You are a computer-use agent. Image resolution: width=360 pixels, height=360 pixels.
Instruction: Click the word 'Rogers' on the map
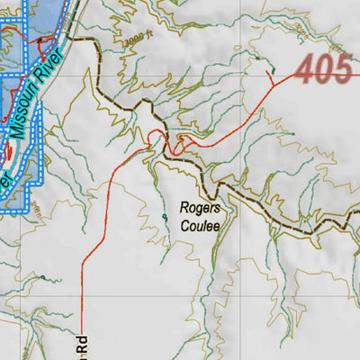click(200, 207)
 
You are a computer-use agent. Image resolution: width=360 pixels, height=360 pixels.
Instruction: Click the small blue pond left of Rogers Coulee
click(165, 217)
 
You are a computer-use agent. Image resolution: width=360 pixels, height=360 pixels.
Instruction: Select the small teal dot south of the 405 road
click(291, 135)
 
